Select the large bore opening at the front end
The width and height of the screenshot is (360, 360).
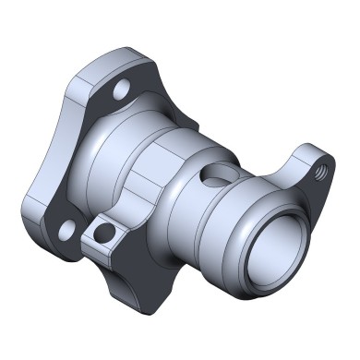(x=273, y=247)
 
